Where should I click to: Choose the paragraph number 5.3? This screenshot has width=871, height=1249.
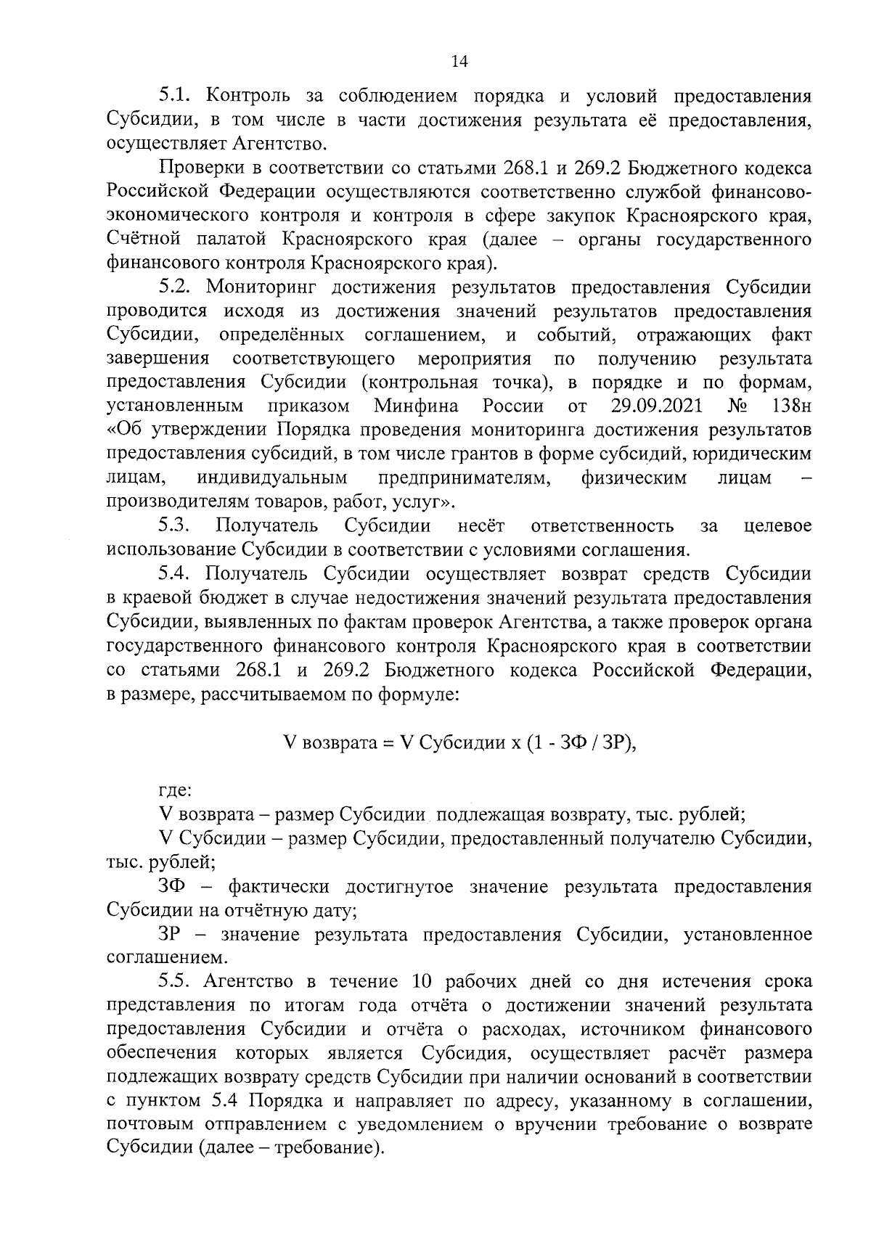tap(175, 525)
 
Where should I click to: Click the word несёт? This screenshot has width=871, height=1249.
tap(481, 525)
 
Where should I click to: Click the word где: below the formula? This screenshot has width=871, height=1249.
tap(175, 790)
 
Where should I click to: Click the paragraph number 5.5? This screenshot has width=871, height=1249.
tap(175, 982)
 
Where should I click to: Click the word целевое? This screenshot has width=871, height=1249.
tap(778, 525)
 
